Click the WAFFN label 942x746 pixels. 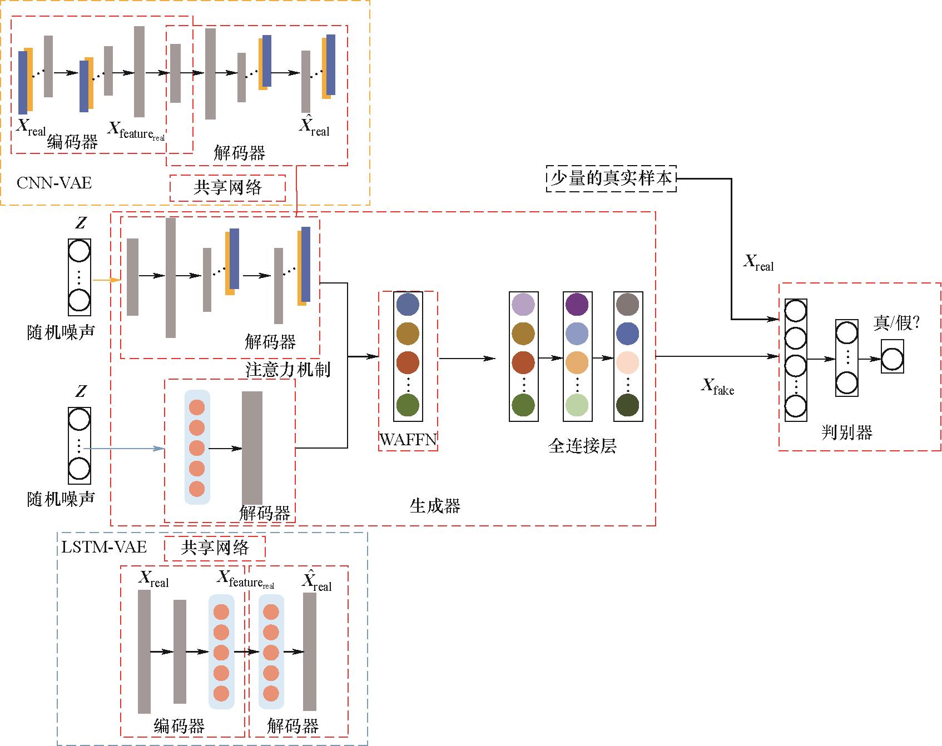408,440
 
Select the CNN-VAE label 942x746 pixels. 54,183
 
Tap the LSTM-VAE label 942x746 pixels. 104,547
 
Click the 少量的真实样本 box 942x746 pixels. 611,178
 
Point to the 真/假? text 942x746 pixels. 896,323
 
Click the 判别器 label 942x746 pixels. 846,432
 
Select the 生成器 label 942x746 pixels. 435,505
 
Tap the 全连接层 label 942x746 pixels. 582,446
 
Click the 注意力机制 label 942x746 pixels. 288,370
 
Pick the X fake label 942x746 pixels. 717,386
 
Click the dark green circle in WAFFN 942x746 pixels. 408,405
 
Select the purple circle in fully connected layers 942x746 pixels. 577,304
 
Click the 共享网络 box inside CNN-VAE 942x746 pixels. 227,188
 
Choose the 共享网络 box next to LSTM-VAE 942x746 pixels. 215,548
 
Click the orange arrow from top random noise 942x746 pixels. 106,280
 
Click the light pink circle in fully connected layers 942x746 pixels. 628,362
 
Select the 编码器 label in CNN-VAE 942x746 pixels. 72,142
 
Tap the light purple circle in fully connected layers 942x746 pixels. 523,304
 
